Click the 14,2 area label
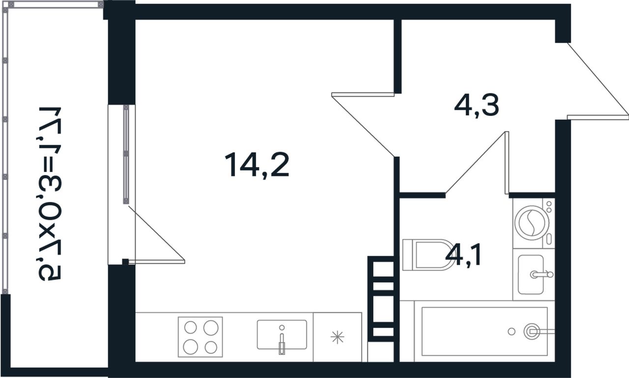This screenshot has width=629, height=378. [x=257, y=165]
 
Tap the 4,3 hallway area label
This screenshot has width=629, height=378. [x=477, y=105]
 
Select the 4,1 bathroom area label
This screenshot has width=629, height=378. [x=463, y=255]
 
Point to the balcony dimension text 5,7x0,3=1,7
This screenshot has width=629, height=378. [x=50, y=194]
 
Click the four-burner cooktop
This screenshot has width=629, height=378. [x=200, y=337]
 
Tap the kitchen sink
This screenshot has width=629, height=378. [x=282, y=334]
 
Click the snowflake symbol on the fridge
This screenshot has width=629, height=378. [x=337, y=337]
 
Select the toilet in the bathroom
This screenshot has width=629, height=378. [x=426, y=255]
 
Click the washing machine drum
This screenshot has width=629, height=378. [x=532, y=223]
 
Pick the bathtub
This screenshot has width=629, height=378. [x=485, y=331]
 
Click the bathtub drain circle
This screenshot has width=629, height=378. [x=512, y=332]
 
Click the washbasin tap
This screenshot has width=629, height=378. [x=542, y=274]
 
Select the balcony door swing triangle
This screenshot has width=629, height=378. [x=156, y=234]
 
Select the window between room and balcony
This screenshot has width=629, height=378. [x=126, y=154]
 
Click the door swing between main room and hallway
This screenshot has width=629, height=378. [x=363, y=124]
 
